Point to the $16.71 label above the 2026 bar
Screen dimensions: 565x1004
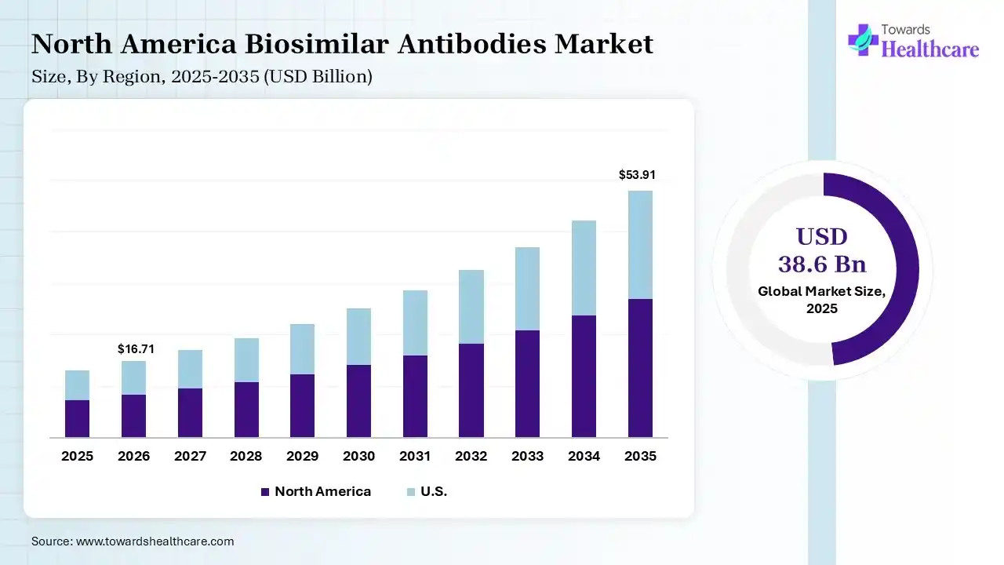[136, 348]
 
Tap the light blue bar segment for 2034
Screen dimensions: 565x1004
[584, 268]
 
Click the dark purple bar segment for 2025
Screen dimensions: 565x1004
[77, 418]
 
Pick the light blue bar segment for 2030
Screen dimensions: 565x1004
[358, 337]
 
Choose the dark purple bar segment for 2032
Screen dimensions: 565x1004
[471, 390]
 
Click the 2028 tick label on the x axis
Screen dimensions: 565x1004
[246, 456]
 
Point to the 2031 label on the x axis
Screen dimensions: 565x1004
[415, 456]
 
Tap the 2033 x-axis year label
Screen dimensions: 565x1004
[528, 456]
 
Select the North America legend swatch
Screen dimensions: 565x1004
[265, 492]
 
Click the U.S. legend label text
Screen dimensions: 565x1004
[433, 492]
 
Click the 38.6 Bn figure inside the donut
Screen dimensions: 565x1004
[822, 264]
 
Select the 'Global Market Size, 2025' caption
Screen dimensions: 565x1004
[822, 300]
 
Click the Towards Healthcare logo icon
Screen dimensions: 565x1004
[864, 39]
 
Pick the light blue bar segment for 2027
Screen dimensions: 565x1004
[190, 369]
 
